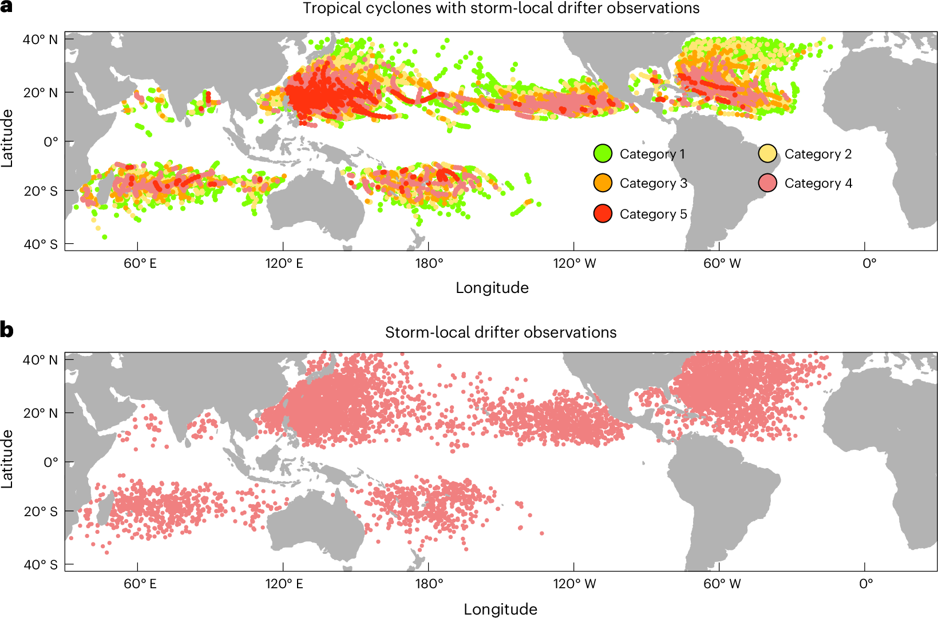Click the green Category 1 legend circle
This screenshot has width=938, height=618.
coord(603,153)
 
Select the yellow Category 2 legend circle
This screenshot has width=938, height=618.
coord(767,153)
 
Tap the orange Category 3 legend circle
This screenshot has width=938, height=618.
coord(603,183)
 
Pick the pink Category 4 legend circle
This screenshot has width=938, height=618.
coord(767,183)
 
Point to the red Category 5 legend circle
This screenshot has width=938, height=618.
coord(603,213)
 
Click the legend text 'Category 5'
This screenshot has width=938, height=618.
coord(653,214)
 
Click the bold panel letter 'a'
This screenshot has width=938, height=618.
coord(6,7)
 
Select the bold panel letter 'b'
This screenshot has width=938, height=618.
coord(7,330)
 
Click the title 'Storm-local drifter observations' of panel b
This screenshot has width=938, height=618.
coord(501,332)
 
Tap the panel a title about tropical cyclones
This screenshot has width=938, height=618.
coord(501,8)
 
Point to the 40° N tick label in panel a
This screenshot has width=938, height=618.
coord(40,39)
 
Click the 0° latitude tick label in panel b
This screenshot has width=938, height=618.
coord(51,462)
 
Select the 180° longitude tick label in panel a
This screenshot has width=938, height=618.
coord(429,264)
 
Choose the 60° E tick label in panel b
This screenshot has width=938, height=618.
coord(140,584)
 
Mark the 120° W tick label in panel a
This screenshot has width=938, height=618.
coord(575,264)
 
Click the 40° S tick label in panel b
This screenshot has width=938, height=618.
coord(40,565)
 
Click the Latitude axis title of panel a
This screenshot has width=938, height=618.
coord(7,138)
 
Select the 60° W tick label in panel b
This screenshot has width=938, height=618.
coord(722,584)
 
